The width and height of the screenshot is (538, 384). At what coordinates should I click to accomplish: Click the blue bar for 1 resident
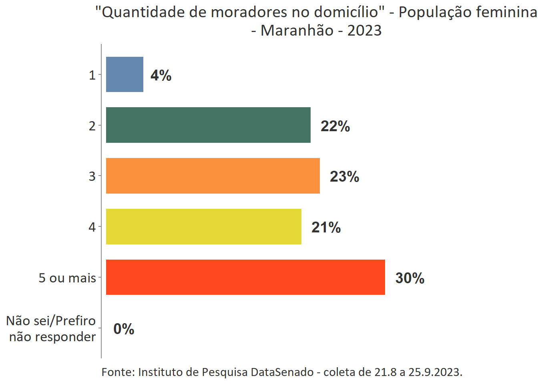[x=124, y=74]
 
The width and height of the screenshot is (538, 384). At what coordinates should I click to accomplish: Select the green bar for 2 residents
[x=208, y=125]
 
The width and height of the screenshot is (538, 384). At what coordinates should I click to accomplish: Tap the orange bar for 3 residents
[x=213, y=176]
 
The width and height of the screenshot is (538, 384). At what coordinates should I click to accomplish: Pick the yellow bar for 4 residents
[x=203, y=226]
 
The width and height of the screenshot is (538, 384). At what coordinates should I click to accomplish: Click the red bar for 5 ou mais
[x=245, y=277]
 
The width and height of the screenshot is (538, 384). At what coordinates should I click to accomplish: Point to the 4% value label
[x=161, y=75]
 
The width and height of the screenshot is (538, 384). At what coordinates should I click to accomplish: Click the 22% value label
[x=335, y=126]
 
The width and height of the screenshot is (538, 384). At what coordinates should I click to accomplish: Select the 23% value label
[x=344, y=176]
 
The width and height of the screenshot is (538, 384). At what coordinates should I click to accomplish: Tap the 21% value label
[x=326, y=227]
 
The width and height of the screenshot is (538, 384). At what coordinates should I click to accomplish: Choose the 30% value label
[x=410, y=278]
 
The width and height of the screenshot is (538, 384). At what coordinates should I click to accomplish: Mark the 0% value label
[x=124, y=329]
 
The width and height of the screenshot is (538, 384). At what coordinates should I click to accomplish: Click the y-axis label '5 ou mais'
[x=67, y=278]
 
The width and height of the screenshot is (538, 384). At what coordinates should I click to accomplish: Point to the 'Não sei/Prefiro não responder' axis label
[x=52, y=328]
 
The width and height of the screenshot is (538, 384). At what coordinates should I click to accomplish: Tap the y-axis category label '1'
[x=92, y=75]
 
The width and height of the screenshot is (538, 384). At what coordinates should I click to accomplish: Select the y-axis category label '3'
[x=92, y=176]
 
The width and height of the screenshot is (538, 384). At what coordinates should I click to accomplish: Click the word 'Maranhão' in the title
[x=297, y=30]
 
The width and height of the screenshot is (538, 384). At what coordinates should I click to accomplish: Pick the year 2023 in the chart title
[x=364, y=30]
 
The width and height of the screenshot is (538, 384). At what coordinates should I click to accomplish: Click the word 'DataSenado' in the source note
[x=282, y=372]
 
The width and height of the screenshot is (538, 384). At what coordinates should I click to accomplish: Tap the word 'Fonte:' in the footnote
[x=118, y=372]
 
